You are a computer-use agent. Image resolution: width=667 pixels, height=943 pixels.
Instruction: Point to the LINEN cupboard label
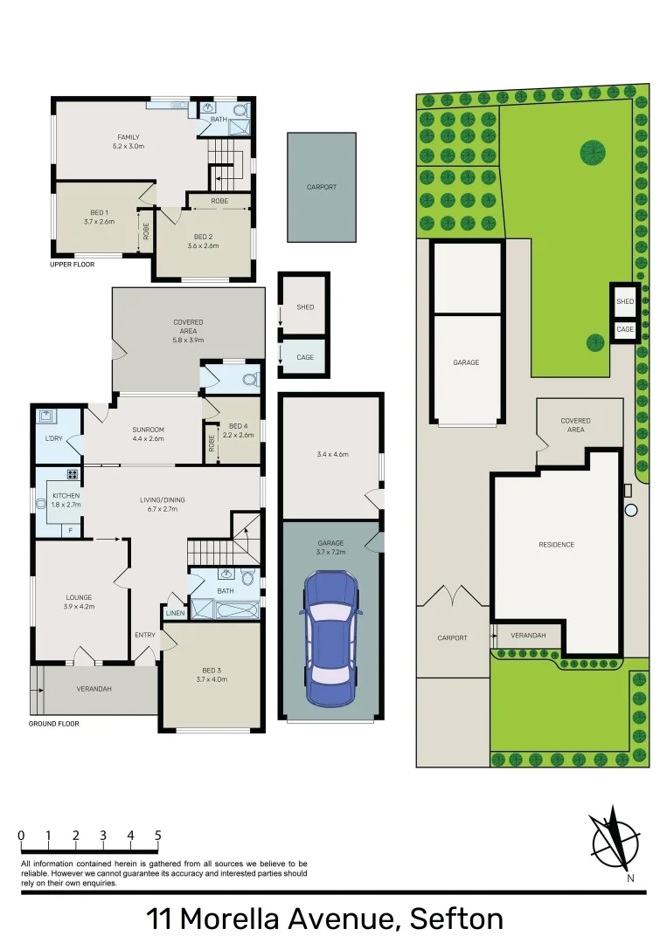(x=174, y=613)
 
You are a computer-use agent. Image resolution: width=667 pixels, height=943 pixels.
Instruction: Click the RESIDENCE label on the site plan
(x=556, y=545)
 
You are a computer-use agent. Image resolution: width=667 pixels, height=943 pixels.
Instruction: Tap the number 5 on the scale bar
(x=157, y=836)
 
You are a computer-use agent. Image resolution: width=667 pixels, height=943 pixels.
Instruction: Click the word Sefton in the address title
(x=456, y=919)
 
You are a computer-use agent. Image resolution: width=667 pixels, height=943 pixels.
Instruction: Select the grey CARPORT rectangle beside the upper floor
(x=322, y=187)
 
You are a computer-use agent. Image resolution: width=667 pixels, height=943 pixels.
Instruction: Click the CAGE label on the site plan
(x=624, y=330)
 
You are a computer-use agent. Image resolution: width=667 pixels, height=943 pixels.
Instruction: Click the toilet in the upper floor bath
(x=240, y=110)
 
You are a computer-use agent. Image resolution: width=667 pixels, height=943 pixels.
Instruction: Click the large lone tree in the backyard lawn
(x=593, y=153)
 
